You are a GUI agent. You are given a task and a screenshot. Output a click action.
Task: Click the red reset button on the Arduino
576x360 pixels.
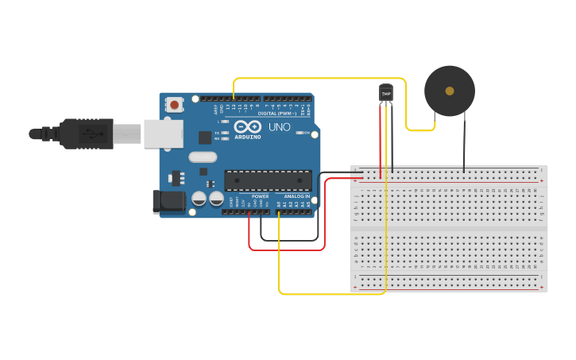173,104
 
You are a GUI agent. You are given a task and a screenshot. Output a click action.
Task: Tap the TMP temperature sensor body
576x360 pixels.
386,94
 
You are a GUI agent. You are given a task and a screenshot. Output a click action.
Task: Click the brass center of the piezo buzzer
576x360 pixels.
450,91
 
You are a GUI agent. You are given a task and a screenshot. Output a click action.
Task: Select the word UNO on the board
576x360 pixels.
279,127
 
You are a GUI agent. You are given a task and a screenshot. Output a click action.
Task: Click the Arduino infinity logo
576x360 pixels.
247,126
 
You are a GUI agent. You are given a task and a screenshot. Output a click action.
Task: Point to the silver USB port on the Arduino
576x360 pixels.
162,134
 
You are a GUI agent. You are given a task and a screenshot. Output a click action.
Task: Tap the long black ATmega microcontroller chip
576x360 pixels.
268,180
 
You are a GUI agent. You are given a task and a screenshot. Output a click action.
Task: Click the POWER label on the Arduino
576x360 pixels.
260,196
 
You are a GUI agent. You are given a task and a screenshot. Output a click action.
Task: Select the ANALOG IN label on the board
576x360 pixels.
297,196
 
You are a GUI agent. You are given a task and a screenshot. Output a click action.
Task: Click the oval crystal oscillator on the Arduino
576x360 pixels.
203,157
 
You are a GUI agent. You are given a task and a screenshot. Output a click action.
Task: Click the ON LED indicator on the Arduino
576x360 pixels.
301,133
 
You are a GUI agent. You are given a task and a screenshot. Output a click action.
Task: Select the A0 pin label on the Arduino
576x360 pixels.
278,205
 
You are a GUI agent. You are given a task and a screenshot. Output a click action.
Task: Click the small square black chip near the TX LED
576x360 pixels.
205,137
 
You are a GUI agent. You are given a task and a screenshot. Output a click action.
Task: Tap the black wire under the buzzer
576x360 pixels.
464,143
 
